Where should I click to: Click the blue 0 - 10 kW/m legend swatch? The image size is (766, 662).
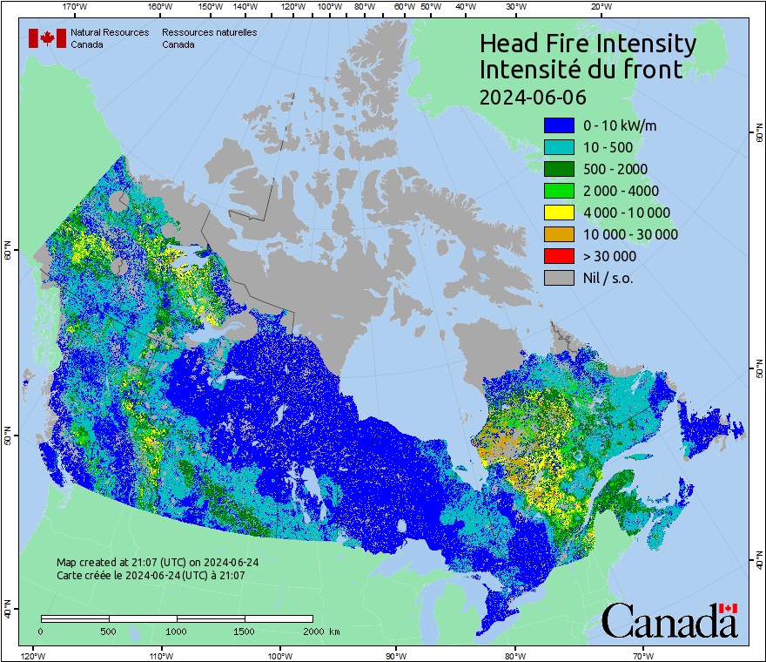[559, 125]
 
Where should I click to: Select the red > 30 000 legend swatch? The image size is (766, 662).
[559, 256]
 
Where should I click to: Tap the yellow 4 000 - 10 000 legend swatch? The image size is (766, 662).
[559, 213]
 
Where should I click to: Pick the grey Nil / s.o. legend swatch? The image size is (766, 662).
[559, 278]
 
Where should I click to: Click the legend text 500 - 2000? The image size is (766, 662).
[615, 169]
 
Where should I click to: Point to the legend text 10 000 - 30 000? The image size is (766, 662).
[630, 234]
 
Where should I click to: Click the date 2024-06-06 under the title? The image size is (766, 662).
[533, 96]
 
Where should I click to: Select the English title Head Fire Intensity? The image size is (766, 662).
[588, 44]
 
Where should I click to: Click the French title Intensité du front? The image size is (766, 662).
[581, 70]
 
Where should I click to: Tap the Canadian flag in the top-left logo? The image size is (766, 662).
[47, 38]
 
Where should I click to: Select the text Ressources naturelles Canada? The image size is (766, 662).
[209, 38]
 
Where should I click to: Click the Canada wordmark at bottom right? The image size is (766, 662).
[669, 621]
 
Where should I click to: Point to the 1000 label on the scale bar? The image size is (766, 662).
[177, 631]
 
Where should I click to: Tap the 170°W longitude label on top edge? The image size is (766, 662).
[76, 7]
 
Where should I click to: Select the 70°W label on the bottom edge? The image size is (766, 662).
[643, 655]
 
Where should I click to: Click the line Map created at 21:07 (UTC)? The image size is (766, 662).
[158, 563]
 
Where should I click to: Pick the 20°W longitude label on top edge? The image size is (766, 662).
[600, 7]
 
